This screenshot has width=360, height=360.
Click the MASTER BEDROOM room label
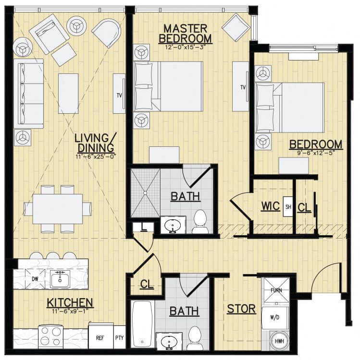tap(185, 34)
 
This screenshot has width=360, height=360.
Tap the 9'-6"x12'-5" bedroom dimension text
tap(316, 153)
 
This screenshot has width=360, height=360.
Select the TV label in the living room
tap(119, 96)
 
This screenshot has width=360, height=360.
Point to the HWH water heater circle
tap(279, 341)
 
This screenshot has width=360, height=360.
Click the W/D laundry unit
tap(275, 317)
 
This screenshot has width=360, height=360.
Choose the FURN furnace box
tap(276, 290)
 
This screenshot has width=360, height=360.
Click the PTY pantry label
tap(120, 338)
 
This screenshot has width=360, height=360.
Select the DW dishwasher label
tap(35, 279)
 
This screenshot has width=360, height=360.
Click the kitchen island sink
tap(60, 279)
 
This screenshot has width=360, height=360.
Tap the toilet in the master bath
tap(200, 222)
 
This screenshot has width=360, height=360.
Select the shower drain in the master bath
tap(145, 193)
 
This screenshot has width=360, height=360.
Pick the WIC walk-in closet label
tap(270, 206)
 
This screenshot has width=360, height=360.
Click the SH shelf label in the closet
tap(288, 206)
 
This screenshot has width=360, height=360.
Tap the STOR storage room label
tap(241, 309)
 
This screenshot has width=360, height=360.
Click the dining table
tap(58, 209)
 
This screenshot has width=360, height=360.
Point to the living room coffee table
tap(68, 93)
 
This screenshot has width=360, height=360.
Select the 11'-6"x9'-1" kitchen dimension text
tap(70, 311)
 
